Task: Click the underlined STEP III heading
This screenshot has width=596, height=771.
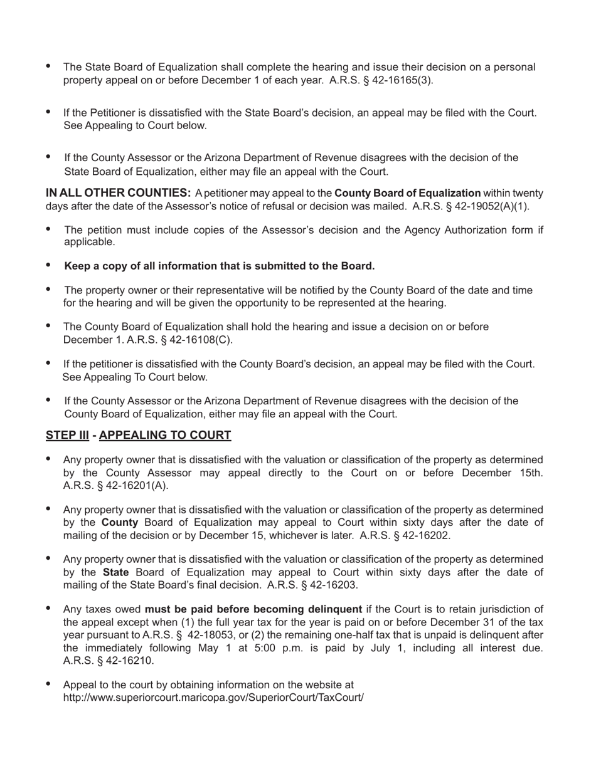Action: (x=67, y=435)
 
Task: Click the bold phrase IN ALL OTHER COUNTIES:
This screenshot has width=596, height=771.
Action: (x=119, y=193)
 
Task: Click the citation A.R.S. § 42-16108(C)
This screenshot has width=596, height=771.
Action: (x=179, y=340)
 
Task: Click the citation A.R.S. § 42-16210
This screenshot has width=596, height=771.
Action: (x=109, y=661)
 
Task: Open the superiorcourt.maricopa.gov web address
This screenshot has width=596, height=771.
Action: (x=213, y=697)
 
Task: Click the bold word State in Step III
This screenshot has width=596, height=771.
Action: (x=115, y=572)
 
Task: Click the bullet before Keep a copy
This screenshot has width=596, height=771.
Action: (x=49, y=265)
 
